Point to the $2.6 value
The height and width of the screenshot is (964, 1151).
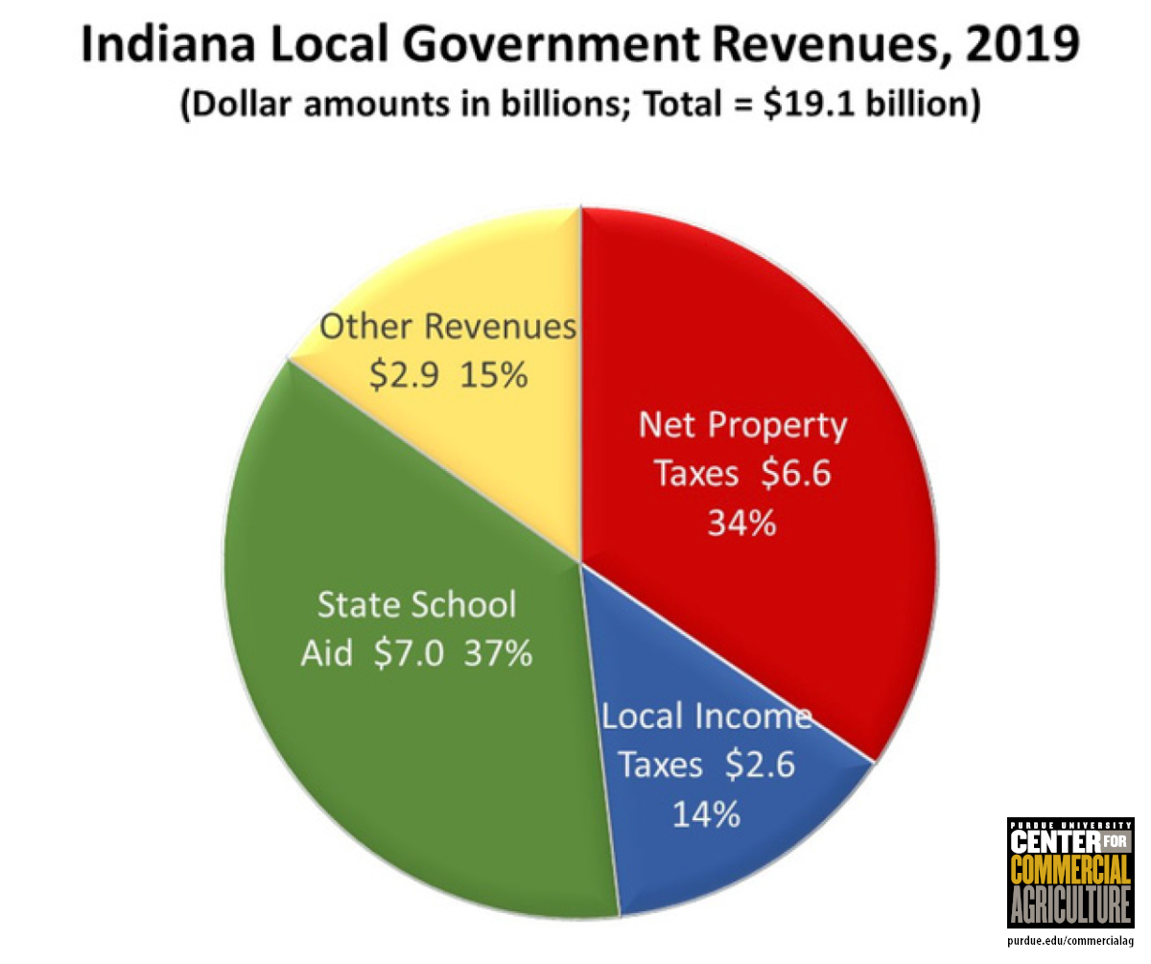pos(760,766)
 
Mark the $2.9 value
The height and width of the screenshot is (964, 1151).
pos(405,375)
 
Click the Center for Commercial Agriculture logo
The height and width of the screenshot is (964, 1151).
pos(1069,873)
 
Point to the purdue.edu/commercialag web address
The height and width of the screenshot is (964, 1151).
pos(1069,944)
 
